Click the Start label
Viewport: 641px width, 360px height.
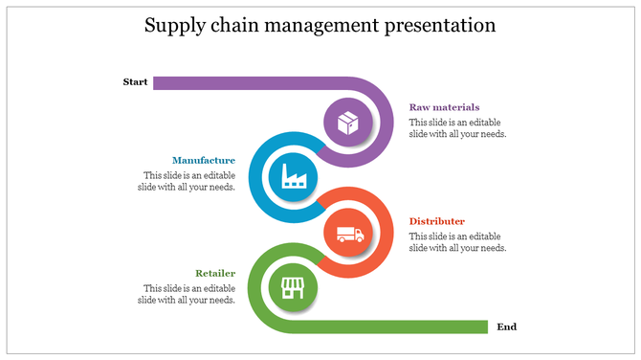(135, 82)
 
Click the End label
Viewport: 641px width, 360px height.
(507, 327)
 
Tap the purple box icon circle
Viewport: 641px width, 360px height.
(346, 123)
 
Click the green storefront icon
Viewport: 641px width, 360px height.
(292, 287)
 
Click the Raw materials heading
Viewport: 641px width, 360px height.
(444, 107)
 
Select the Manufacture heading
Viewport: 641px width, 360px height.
(204, 160)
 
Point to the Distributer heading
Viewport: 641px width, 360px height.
(437, 221)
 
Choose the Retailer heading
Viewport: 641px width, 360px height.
(215, 273)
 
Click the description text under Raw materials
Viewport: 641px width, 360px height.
(457, 128)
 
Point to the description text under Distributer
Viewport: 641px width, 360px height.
(457, 242)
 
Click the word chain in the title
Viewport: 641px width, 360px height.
(232, 26)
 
